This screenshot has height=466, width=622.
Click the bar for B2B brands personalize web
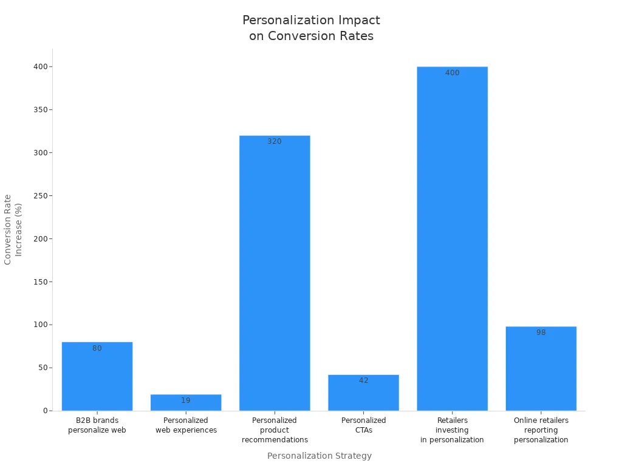pos(97,376)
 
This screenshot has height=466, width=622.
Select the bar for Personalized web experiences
pos(186,403)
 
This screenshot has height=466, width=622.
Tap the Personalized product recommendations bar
pos(275,273)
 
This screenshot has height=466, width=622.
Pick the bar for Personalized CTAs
pos(363,393)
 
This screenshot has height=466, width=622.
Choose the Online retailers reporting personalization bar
pos(541,368)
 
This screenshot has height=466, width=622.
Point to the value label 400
pos(452,73)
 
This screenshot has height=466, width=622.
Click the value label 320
pos(275,141)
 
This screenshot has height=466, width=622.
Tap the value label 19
pos(186,400)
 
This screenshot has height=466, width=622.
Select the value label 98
pos(541,333)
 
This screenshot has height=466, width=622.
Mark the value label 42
pos(363,380)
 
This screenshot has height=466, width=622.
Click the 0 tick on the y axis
pos(45,411)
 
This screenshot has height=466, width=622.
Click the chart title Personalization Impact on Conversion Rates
pos(311,28)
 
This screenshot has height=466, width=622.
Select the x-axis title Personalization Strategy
pos(319,456)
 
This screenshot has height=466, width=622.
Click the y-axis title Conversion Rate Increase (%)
pos(13,229)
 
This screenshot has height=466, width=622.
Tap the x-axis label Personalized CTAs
pos(363,425)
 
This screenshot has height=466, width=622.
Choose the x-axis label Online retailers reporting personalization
pos(541,430)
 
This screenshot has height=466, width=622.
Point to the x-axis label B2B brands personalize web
pos(97,425)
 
